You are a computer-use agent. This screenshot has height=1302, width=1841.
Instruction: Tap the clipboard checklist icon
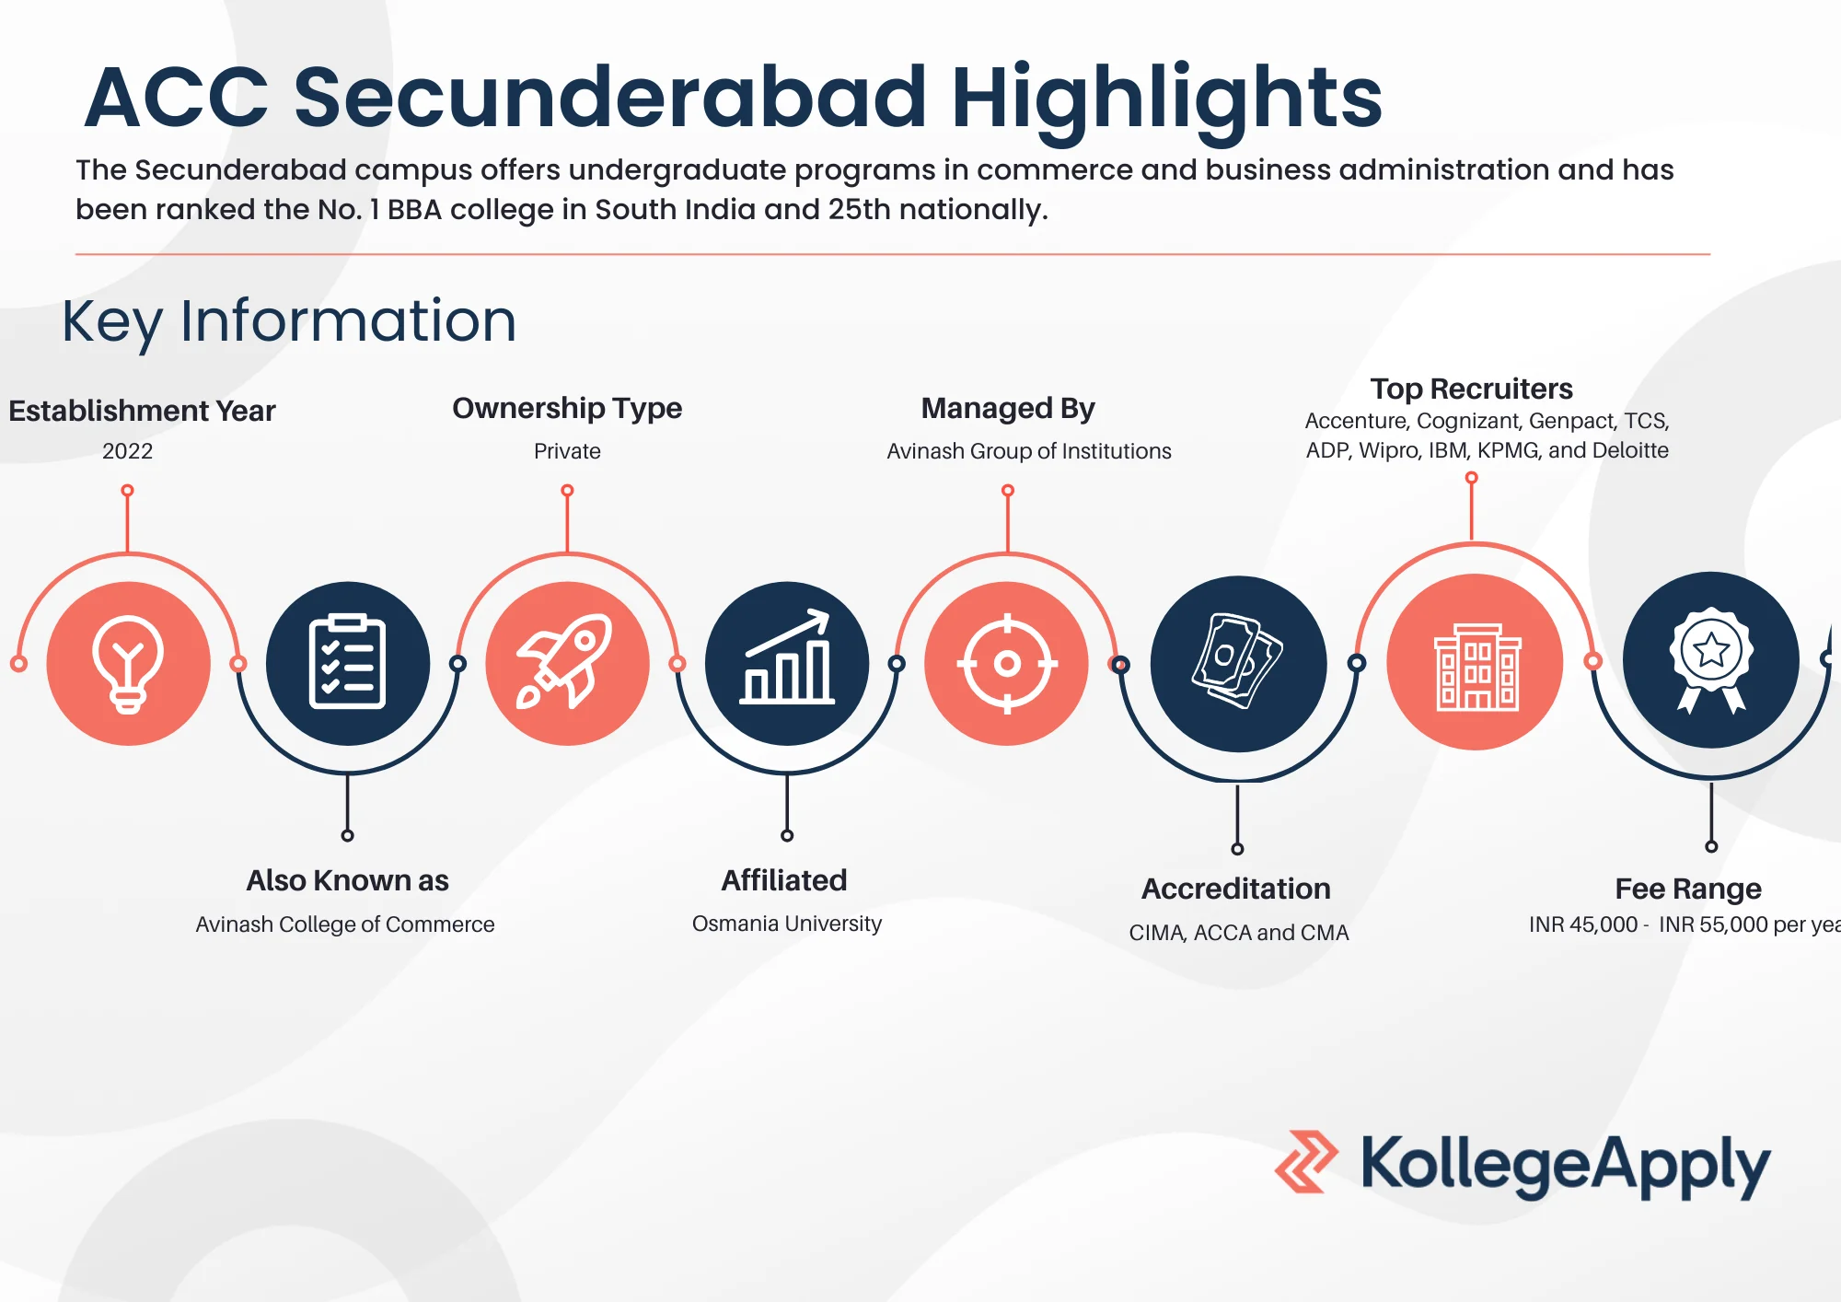347,661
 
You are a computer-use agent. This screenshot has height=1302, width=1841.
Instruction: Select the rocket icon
565,660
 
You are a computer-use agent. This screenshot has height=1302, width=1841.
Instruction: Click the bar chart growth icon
787,657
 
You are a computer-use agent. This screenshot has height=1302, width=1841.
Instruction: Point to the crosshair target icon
1007,663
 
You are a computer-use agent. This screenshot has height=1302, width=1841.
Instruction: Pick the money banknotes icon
1237,660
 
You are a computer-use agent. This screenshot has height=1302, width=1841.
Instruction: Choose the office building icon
1477,667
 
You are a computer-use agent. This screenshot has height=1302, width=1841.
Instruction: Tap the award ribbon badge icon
1711,659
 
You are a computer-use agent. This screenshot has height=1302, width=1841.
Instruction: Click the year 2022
128,451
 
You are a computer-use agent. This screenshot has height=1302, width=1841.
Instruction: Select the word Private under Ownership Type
567,451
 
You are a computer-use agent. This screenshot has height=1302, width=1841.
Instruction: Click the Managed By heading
1008,408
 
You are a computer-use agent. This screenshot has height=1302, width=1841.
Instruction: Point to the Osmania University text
787,924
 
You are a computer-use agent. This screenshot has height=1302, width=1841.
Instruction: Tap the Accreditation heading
1236,889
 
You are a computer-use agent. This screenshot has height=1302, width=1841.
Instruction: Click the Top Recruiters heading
1471,389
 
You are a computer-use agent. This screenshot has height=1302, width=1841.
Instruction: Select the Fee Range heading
1688,889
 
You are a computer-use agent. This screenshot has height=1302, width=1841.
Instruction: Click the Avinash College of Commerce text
345,924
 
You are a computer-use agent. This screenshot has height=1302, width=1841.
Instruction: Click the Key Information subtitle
289,322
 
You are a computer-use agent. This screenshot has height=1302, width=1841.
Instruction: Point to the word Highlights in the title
1166,99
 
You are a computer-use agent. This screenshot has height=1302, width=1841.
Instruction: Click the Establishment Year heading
142,411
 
